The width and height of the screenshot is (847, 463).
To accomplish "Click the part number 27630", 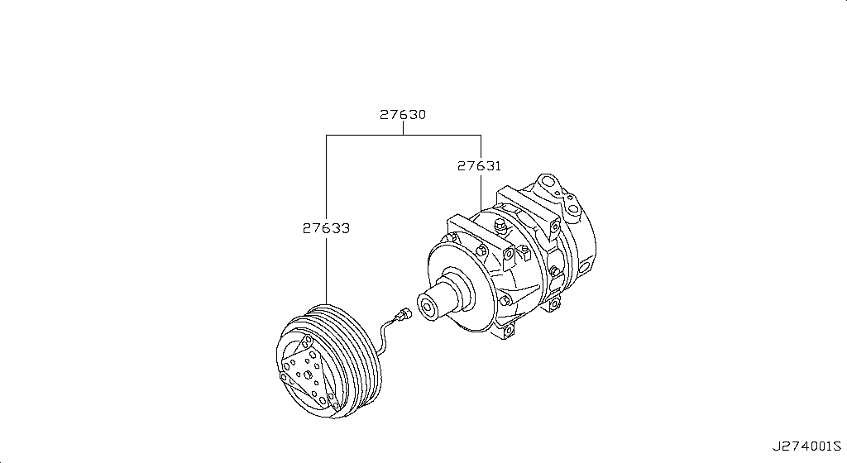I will (403, 115).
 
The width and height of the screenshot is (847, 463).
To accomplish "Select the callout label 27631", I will (480, 166).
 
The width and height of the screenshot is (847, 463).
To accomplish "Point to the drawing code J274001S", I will (806, 447).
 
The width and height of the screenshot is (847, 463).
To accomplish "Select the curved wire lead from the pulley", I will (385, 335).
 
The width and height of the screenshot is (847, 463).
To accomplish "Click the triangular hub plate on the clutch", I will (306, 372).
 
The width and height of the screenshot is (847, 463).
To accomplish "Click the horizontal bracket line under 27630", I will (403, 135).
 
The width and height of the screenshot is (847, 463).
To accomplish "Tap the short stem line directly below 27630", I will (403, 128).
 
